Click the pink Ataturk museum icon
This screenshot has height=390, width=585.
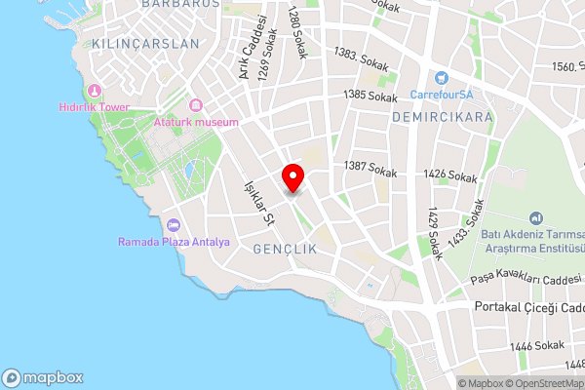(195, 105)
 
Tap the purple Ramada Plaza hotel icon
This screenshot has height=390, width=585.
(174, 225)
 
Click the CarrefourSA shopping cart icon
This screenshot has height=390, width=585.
(441, 78)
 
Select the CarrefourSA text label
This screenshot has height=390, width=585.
(441, 95)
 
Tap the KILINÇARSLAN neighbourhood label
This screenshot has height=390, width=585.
(144, 44)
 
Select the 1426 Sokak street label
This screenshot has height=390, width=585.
(450, 175)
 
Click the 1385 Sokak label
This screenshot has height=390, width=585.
(370, 96)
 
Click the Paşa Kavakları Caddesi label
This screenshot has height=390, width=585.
(525, 282)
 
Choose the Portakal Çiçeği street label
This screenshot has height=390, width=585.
(527, 307)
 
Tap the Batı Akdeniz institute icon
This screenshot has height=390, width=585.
(535, 218)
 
